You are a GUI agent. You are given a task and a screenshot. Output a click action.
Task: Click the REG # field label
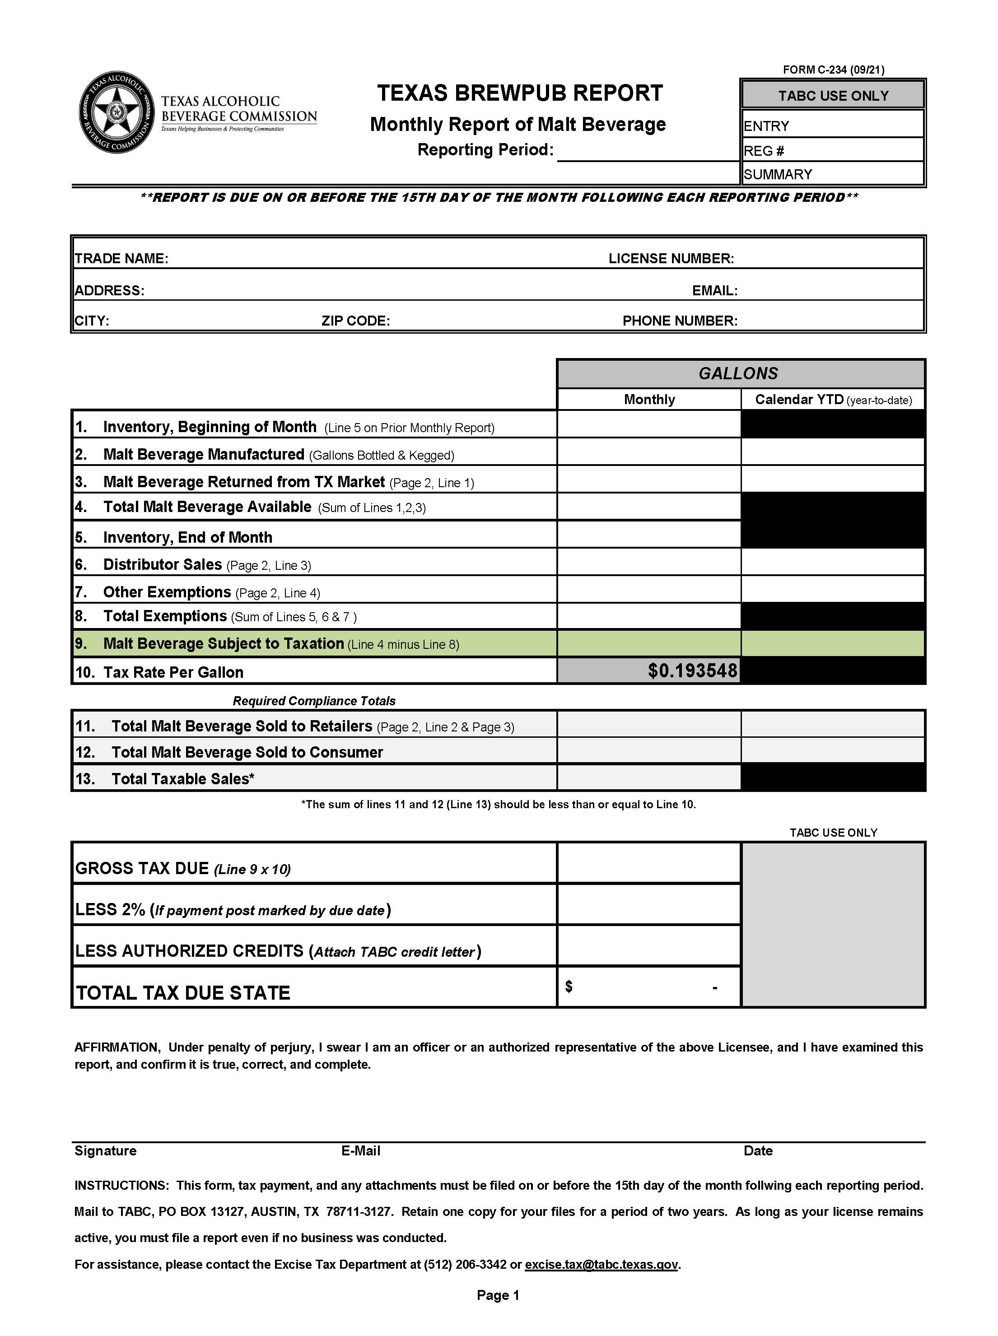(x=764, y=151)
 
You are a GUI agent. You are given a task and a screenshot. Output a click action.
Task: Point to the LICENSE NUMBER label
(x=671, y=259)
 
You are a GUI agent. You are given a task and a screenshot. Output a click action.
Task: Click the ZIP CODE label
(x=355, y=321)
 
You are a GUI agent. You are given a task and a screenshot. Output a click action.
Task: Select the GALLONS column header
(x=738, y=373)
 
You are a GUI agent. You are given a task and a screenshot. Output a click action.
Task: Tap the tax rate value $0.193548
(x=692, y=670)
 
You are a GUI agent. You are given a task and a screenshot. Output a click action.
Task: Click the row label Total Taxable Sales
(x=182, y=778)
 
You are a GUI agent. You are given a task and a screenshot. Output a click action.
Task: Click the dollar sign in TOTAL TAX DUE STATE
(x=569, y=986)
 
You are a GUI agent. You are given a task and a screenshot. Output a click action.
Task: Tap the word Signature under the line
(x=105, y=1150)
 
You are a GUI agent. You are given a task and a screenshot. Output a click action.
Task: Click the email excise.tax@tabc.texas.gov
(x=601, y=1264)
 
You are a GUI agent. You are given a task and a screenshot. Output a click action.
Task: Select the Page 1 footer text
(x=498, y=1295)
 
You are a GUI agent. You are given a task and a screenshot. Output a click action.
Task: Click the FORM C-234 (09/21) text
(x=833, y=70)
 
